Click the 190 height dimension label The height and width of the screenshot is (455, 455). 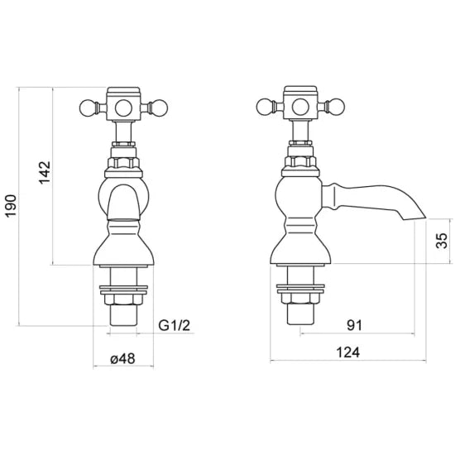click(x=11, y=205)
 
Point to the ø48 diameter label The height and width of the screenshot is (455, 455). click(x=123, y=360)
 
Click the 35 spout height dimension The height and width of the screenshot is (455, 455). click(x=441, y=242)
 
